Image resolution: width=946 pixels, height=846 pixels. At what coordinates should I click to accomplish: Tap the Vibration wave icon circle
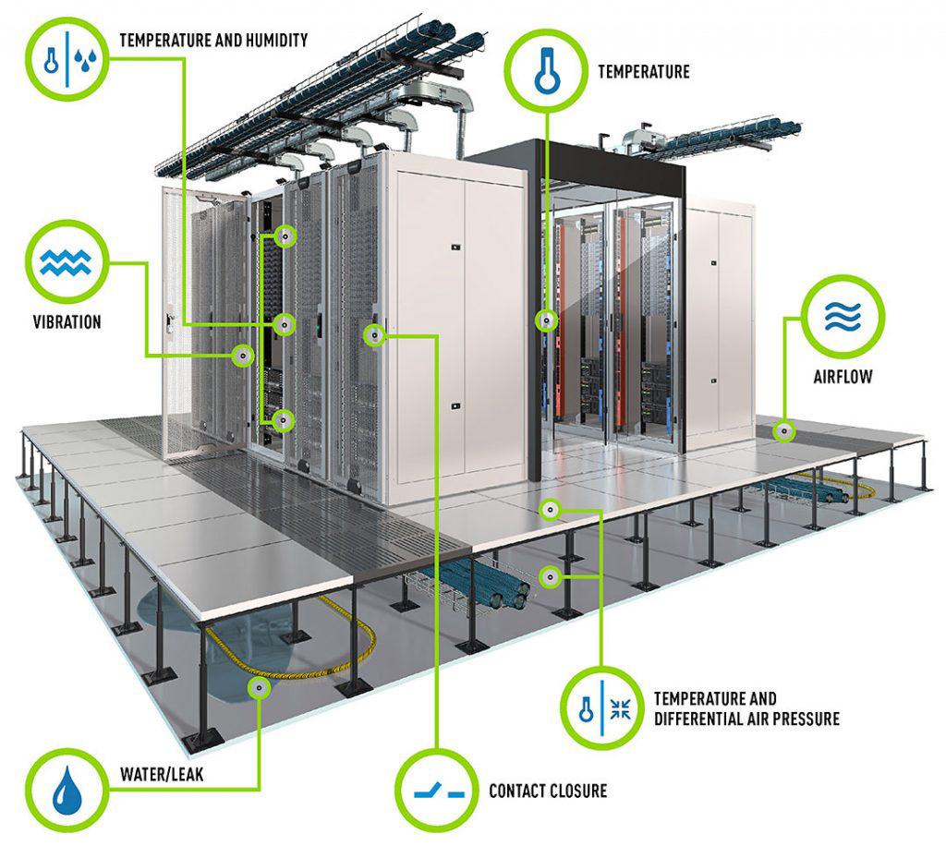tap(69, 261)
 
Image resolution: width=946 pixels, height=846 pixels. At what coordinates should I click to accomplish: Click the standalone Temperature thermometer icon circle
tap(547, 70)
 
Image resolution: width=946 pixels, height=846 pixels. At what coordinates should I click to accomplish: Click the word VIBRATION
tap(67, 322)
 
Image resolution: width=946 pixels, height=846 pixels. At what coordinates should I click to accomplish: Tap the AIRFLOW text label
tap(843, 377)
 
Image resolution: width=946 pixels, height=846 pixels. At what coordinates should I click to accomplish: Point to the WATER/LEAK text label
tap(161, 774)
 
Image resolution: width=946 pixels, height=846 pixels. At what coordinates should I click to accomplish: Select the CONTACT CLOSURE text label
tap(548, 791)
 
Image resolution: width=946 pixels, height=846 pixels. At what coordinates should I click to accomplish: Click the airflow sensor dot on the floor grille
tap(784, 430)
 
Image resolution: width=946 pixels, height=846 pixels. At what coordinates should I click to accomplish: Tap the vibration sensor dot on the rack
tap(243, 356)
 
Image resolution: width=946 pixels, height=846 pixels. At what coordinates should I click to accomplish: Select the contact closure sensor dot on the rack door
tap(373, 335)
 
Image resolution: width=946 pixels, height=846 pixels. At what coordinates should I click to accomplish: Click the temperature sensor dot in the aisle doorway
tap(547, 320)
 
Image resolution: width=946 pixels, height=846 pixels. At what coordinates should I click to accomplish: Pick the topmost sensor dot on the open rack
tap(286, 237)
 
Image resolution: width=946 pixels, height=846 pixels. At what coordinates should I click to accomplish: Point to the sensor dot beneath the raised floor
tap(550, 576)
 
